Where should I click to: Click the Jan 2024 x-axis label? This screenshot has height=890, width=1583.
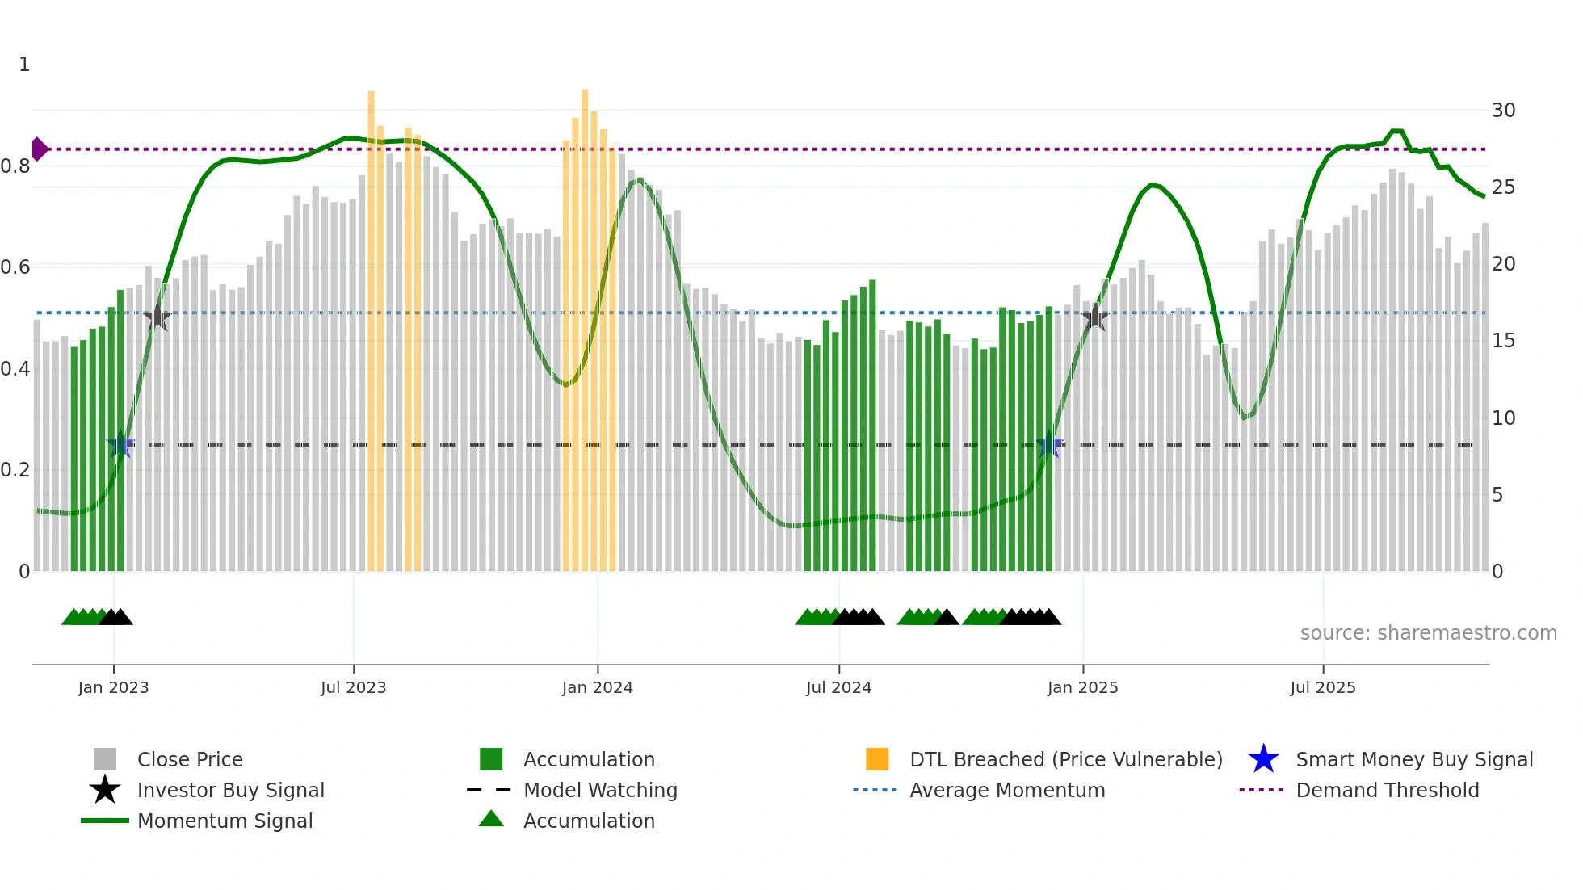click(597, 687)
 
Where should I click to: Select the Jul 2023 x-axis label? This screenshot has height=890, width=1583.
click(353, 687)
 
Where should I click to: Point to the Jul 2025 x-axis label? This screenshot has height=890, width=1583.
click(1322, 687)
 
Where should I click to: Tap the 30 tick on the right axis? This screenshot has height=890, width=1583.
click(1503, 111)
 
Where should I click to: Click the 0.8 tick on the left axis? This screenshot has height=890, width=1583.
click(15, 166)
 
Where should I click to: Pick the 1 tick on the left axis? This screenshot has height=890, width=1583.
click(24, 65)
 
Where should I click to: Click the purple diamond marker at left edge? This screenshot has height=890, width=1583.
click(39, 149)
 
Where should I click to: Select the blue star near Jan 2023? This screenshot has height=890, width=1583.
click(120, 444)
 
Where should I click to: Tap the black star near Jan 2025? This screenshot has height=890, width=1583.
click(1094, 317)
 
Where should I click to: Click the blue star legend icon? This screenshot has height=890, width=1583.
click(1263, 759)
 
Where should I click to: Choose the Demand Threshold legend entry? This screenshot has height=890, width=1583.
click(1387, 790)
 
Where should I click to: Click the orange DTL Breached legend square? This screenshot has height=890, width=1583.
click(877, 759)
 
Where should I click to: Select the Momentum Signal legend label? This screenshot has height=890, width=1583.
click(225, 821)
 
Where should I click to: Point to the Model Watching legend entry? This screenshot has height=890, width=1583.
click(599, 790)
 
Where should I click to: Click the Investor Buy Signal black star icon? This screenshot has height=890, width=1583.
click(105, 790)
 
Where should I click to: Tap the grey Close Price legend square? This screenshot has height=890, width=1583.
click(105, 759)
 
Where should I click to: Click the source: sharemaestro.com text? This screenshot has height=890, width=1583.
click(1428, 632)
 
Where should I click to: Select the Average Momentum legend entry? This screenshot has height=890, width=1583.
click(1006, 790)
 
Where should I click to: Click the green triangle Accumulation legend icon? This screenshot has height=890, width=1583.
click(491, 819)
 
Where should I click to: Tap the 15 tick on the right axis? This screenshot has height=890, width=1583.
click(1503, 341)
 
